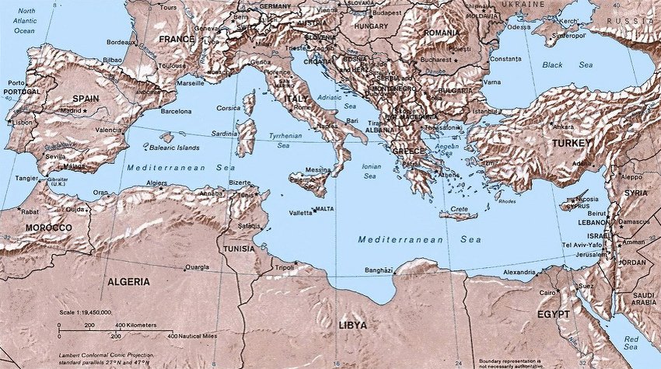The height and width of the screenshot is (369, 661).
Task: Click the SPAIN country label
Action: click(x=86, y=98)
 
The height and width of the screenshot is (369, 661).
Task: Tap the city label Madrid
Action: click(x=71, y=111)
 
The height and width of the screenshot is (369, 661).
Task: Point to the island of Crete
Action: click(x=457, y=215)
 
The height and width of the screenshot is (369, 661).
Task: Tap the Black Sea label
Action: click(x=563, y=65)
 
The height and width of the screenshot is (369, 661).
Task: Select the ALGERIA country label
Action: click(x=128, y=281)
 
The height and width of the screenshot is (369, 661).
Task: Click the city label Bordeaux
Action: click(x=120, y=41)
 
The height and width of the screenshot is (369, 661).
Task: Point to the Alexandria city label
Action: click(x=519, y=273)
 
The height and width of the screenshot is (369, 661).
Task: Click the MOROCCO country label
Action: click(x=48, y=228)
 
